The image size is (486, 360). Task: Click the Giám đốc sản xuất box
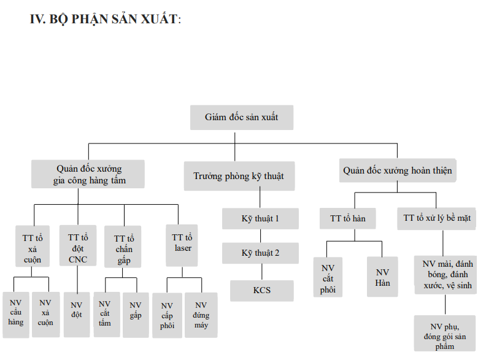(x=242, y=117)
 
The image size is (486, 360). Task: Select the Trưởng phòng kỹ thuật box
(x=239, y=176)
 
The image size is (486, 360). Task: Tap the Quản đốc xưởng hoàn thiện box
(x=398, y=170)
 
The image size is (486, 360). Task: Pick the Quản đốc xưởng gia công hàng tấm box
(x=88, y=174)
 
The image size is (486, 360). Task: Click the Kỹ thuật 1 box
(x=260, y=219)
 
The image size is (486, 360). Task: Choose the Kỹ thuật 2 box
(x=260, y=253)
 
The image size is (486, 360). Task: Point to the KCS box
(x=262, y=291)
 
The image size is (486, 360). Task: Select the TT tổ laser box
(x=182, y=245)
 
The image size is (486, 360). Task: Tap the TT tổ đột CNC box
(x=78, y=245)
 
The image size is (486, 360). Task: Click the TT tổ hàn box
(x=348, y=218)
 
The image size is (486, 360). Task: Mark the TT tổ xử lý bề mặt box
(x=436, y=218)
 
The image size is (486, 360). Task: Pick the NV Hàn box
(x=382, y=277)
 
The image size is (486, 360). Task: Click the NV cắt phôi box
(x=328, y=277)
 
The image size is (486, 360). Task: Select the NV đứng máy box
(x=201, y=315)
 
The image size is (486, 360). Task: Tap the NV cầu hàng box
(x=16, y=315)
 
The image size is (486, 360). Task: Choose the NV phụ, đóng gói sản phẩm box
(x=445, y=334)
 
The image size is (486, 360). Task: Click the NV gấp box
(x=136, y=315)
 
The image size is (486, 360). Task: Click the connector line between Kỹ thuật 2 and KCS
(x=262, y=272)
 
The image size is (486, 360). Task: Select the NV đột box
(x=77, y=315)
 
